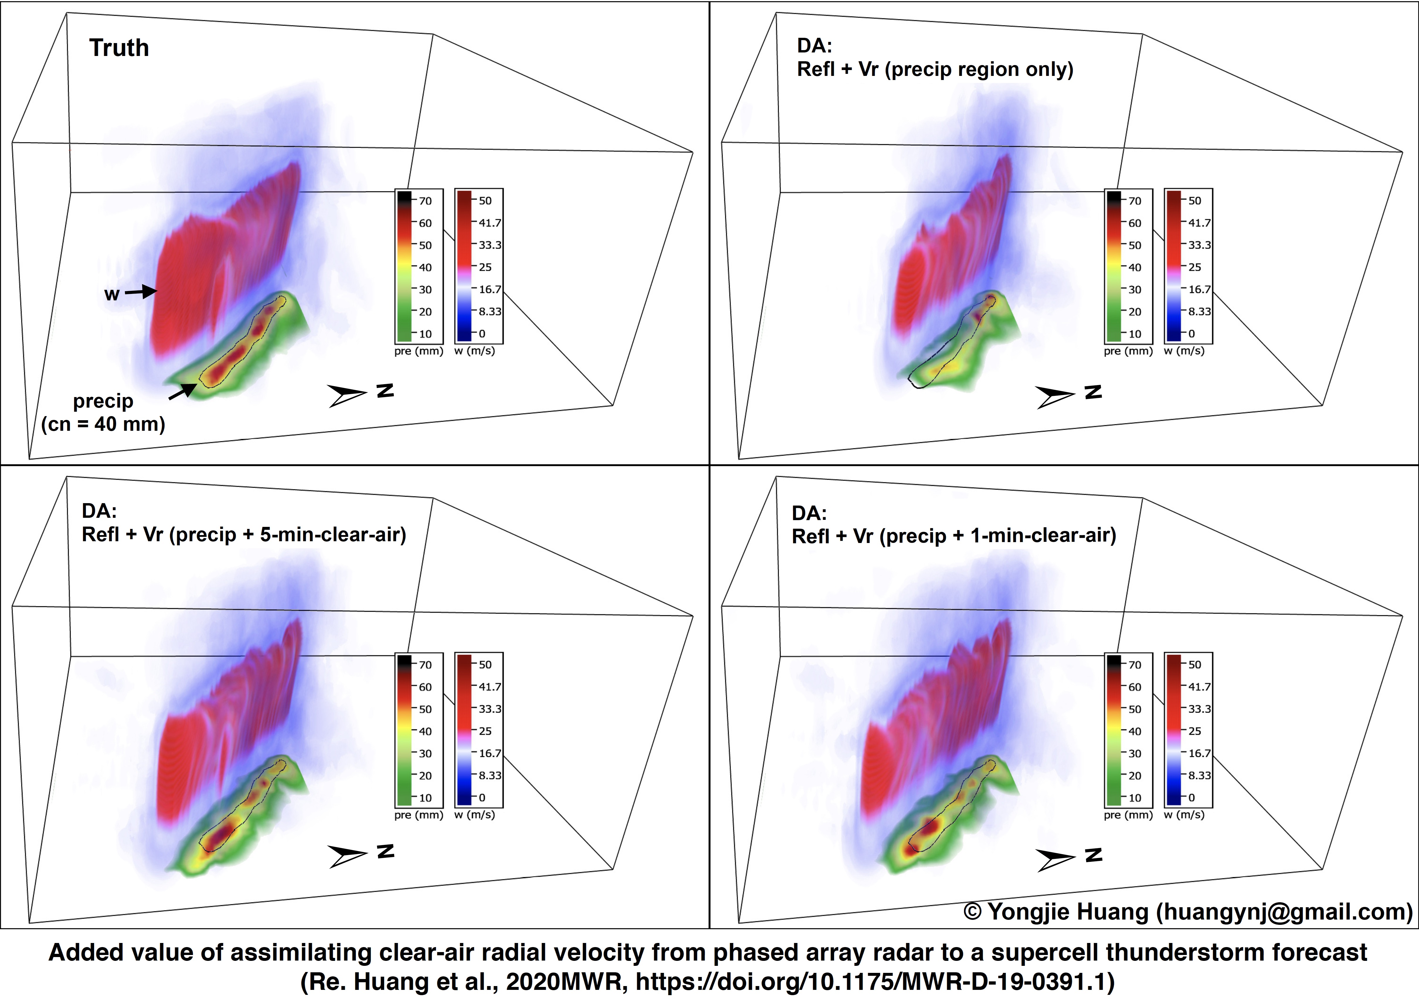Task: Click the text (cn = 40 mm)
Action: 103,425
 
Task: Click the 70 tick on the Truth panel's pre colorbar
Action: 425,201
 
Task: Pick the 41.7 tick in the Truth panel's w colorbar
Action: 490,223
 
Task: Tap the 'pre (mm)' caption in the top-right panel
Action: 1128,351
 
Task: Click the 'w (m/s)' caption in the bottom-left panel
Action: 475,815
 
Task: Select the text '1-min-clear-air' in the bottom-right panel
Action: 1042,536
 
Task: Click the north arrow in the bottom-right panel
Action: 1055,859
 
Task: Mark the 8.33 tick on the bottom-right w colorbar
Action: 1199,775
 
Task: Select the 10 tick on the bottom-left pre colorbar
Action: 425,798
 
